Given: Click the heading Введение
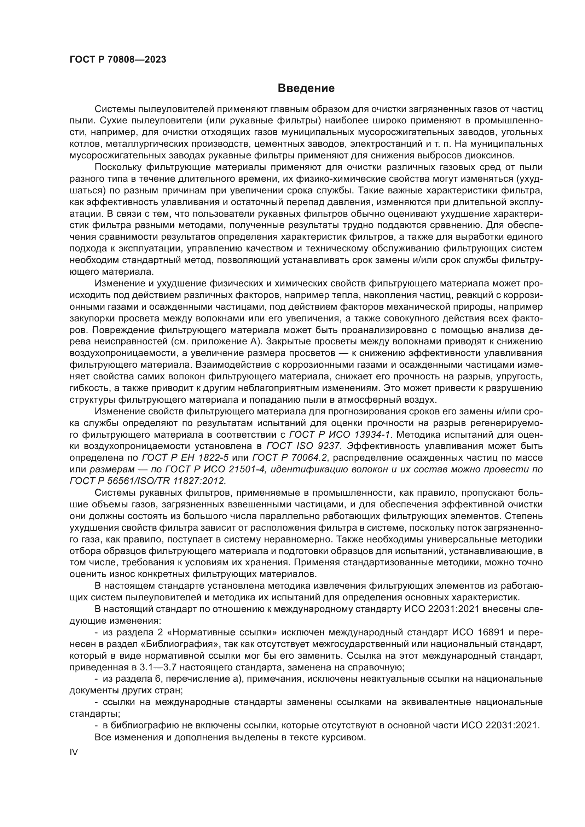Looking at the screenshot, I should tap(306, 88).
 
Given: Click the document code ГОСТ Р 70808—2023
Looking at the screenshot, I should tap(118, 60).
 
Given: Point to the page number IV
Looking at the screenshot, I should tap(74, 752).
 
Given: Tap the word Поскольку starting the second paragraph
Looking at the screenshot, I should tap(117, 168).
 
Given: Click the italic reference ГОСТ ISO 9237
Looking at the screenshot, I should tap(303, 446).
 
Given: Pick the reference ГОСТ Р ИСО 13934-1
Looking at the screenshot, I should tap(340, 434).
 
